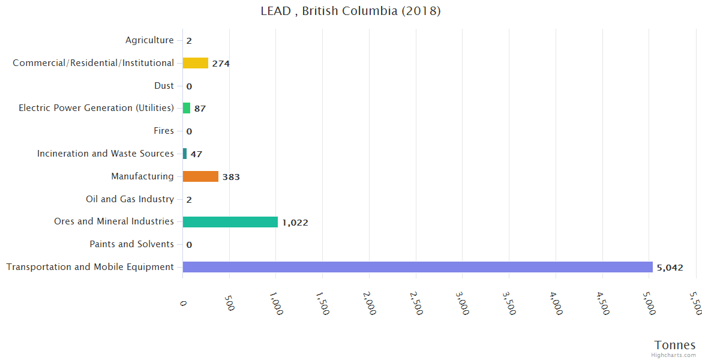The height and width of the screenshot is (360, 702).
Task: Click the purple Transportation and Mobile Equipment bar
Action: click(x=418, y=267)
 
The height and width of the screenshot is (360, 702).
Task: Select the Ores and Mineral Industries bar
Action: click(x=230, y=222)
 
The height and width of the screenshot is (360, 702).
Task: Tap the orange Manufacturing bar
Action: click(x=200, y=176)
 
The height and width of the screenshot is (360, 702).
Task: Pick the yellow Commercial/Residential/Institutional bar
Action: click(x=196, y=63)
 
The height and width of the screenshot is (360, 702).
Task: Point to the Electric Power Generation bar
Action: click(x=187, y=108)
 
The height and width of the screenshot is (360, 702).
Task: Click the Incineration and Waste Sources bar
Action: click(x=185, y=154)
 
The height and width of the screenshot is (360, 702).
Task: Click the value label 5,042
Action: click(x=670, y=268)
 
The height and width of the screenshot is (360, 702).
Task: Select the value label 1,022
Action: click(x=295, y=223)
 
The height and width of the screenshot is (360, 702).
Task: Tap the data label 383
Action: click(x=231, y=177)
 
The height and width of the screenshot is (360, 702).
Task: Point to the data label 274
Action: click(x=221, y=64)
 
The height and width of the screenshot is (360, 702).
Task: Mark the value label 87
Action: click(x=200, y=109)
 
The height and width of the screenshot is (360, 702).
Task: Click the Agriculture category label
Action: click(x=149, y=40)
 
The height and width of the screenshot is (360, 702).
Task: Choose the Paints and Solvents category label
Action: click(x=131, y=244)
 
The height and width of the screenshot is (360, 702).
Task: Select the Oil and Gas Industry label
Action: click(x=130, y=199)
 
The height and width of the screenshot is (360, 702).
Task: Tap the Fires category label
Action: click(x=164, y=131)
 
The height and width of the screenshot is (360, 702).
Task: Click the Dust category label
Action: click(x=164, y=86)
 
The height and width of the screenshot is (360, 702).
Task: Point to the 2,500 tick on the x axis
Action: click(x=416, y=303)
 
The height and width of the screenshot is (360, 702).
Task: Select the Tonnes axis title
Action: click(x=675, y=345)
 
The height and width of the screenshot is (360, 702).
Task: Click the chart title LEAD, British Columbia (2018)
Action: click(x=351, y=11)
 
